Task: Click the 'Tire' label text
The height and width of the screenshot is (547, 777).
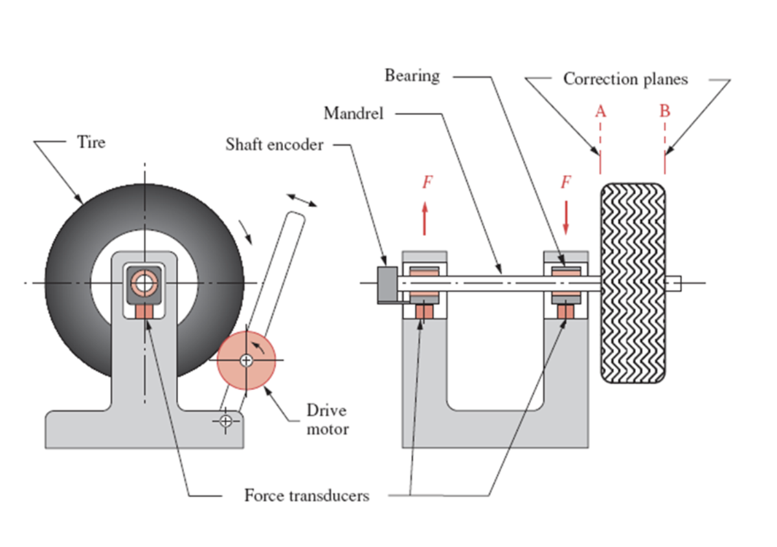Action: [91, 142]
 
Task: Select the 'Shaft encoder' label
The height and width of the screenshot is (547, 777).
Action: [274, 144]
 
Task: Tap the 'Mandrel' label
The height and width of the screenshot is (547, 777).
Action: [354, 114]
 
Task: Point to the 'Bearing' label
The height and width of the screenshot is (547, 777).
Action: [412, 76]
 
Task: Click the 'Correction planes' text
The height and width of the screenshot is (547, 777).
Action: [625, 79]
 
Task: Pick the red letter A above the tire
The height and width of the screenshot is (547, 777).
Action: [601, 111]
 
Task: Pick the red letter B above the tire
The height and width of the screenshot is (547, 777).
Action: [665, 111]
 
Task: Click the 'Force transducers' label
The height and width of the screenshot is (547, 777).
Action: [306, 496]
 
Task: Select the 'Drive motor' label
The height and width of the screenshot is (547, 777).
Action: [327, 420]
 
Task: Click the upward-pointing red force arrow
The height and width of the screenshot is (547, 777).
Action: [425, 219]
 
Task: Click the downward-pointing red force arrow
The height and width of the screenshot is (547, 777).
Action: [566, 219]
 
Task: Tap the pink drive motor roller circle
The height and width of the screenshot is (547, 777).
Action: [246, 361]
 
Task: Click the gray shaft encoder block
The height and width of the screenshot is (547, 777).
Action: [387, 283]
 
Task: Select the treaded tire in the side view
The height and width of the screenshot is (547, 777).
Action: [633, 283]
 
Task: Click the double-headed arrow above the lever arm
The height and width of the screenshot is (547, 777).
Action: [302, 200]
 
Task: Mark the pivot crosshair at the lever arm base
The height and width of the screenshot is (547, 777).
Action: [225, 421]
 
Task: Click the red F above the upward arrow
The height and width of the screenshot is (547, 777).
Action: [427, 182]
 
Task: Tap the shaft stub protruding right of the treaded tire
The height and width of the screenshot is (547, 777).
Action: [673, 283]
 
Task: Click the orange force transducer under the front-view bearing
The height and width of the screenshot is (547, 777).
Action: [144, 311]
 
